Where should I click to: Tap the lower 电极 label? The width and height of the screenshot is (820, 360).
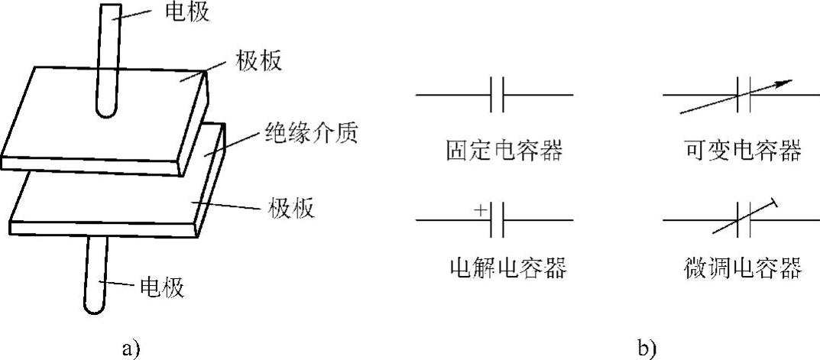click(x=162, y=288)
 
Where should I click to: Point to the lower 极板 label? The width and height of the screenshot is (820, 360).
click(x=292, y=207)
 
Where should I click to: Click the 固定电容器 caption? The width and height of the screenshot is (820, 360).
click(x=504, y=151)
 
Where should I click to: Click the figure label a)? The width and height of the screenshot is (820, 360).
click(x=131, y=349)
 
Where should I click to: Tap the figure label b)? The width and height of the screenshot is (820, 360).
click(x=646, y=349)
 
